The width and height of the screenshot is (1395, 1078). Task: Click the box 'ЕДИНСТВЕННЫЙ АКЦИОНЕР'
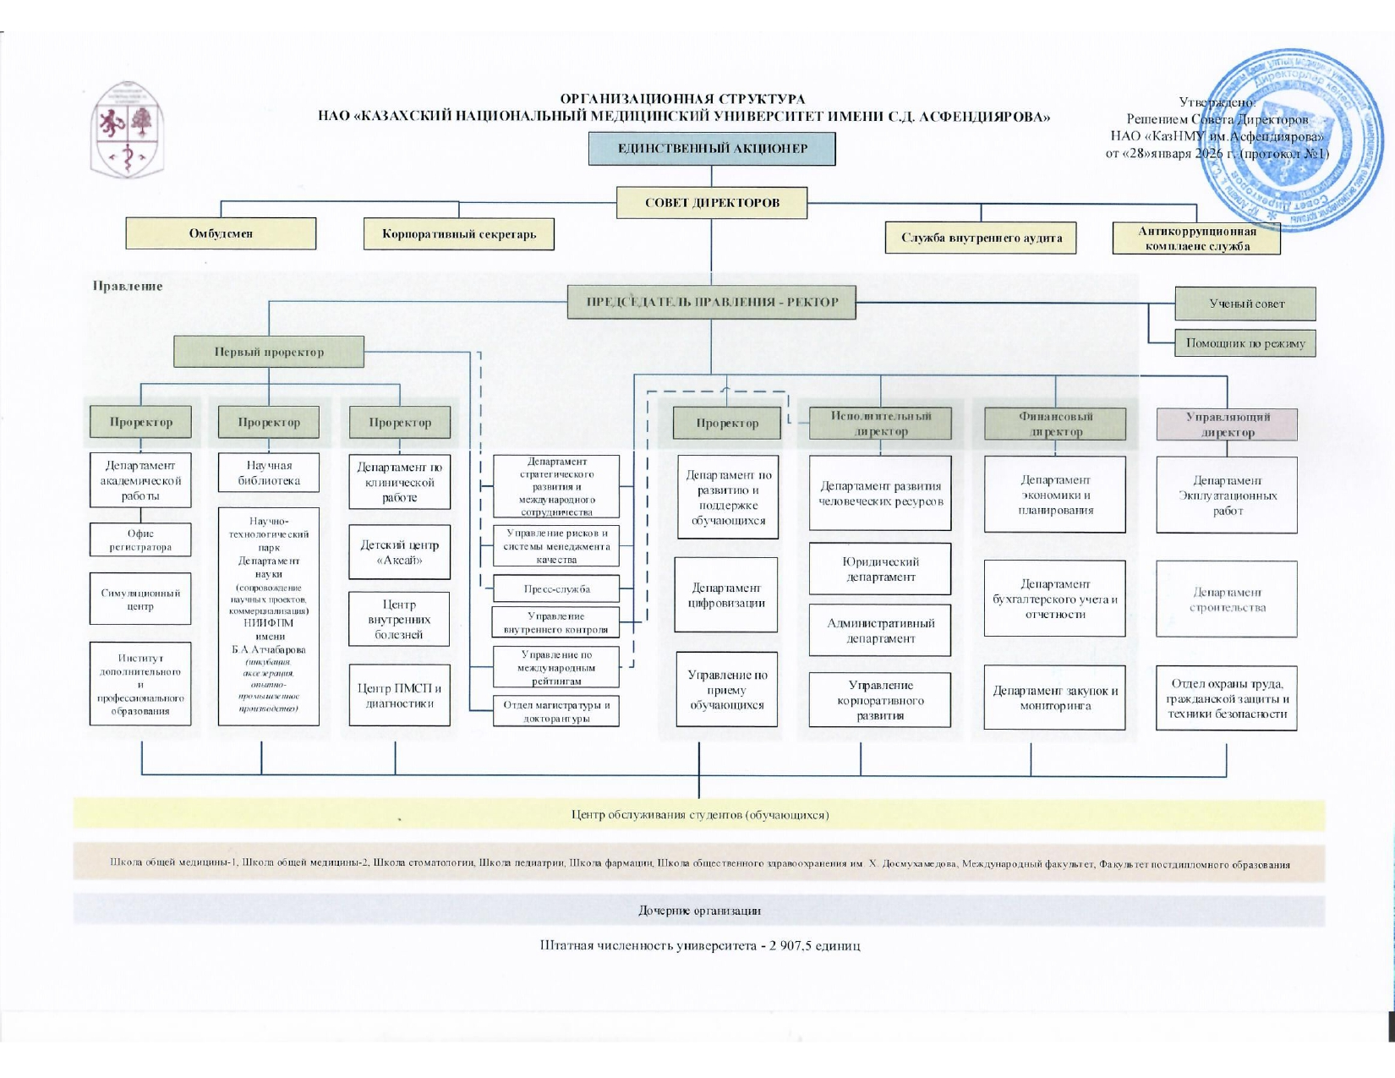pyautogui.click(x=712, y=149)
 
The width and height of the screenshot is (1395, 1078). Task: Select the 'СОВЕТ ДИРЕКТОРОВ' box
pyautogui.click(x=712, y=203)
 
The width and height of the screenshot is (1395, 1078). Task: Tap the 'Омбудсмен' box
pyautogui.click(x=221, y=233)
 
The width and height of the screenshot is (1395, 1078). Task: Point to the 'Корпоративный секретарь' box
pyautogui.click(x=459, y=234)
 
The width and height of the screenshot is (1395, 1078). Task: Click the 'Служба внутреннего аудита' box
pyautogui.click(x=982, y=238)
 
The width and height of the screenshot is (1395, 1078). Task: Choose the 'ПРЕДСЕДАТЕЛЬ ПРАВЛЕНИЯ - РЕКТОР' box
pyautogui.click(x=712, y=302)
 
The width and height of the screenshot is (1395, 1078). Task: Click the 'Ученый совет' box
pyautogui.click(x=1245, y=304)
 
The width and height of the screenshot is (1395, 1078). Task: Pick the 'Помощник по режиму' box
pyautogui.click(x=1245, y=343)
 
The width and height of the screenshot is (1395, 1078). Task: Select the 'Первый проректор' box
pyautogui.click(x=269, y=352)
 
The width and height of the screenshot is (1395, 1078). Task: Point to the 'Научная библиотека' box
pyautogui.click(x=269, y=473)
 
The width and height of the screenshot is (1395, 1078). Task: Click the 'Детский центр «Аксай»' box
pyautogui.click(x=400, y=552)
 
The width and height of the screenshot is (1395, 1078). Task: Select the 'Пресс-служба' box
pyautogui.click(x=556, y=589)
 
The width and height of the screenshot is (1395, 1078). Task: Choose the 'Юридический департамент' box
pyautogui.click(x=880, y=569)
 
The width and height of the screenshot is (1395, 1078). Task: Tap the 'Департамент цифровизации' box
pyautogui.click(x=726, y=594)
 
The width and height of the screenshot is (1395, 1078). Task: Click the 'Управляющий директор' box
pyautogui.click(x=1227, y=424)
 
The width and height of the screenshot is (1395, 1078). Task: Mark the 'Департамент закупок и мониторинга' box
pyautogui.click(x=1054, y=698)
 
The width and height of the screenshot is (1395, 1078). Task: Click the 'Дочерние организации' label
pyautogui.click(x=699, y=911)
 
